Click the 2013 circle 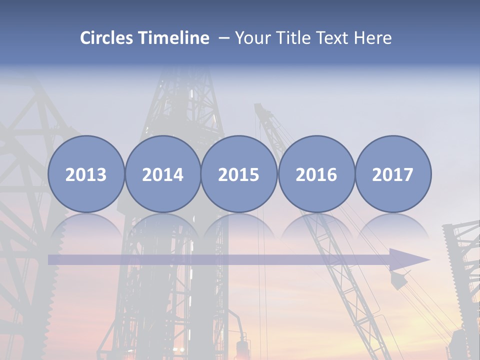coord(86,174)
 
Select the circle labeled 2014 coord(162,174)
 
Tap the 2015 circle coord(239,174)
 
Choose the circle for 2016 coord(316,174)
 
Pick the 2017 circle coord(392,174)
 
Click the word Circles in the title coord(107,38)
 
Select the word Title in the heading coord(294,38)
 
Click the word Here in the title coord(373,38)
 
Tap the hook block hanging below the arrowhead coord(398,280)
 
